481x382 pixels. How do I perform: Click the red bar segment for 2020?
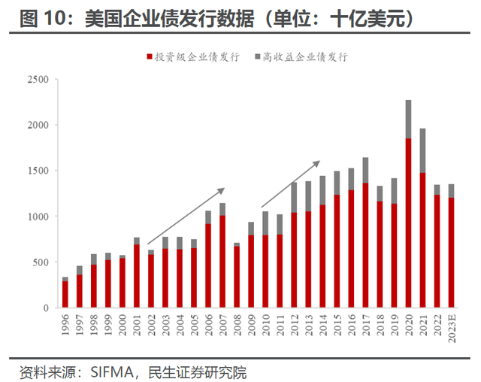coord(408,223)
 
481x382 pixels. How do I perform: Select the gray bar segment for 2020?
coord(408,119)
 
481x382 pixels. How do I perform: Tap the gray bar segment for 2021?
coord(422,150)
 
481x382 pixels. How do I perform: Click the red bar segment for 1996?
coord(65,294)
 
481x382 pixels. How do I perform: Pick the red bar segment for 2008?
coord(237,277)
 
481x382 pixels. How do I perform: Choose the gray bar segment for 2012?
coord(294,197)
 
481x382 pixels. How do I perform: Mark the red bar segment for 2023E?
coord(451,253)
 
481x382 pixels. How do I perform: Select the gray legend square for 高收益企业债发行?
coord(258,57)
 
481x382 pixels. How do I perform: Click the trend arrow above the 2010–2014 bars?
coord(291,183)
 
